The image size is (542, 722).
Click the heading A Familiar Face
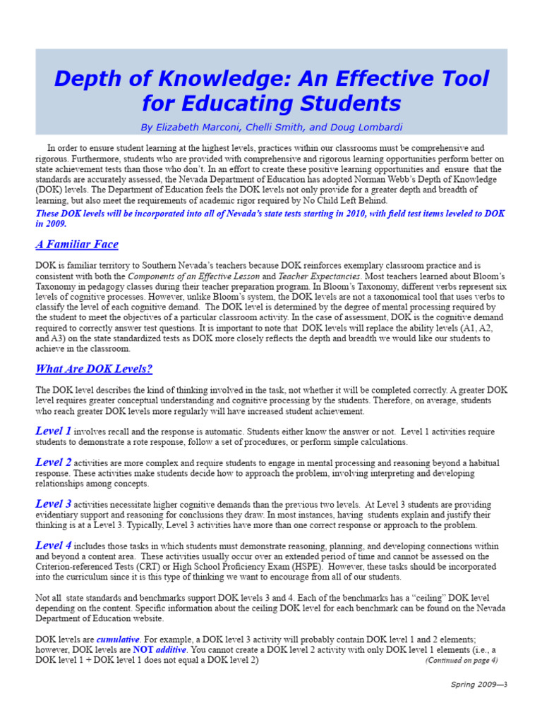tap(77, 245)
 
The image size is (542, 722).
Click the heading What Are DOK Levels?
tap(94, 369)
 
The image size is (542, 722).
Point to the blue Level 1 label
tap(53, 431)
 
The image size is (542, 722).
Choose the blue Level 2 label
tap(53, 463)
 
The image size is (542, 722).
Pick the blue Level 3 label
tap(53, 504)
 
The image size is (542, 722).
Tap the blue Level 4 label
tap(53, 546)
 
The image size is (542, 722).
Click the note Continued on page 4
tap(461, 661)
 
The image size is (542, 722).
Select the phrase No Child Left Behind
tap(346, 200)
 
